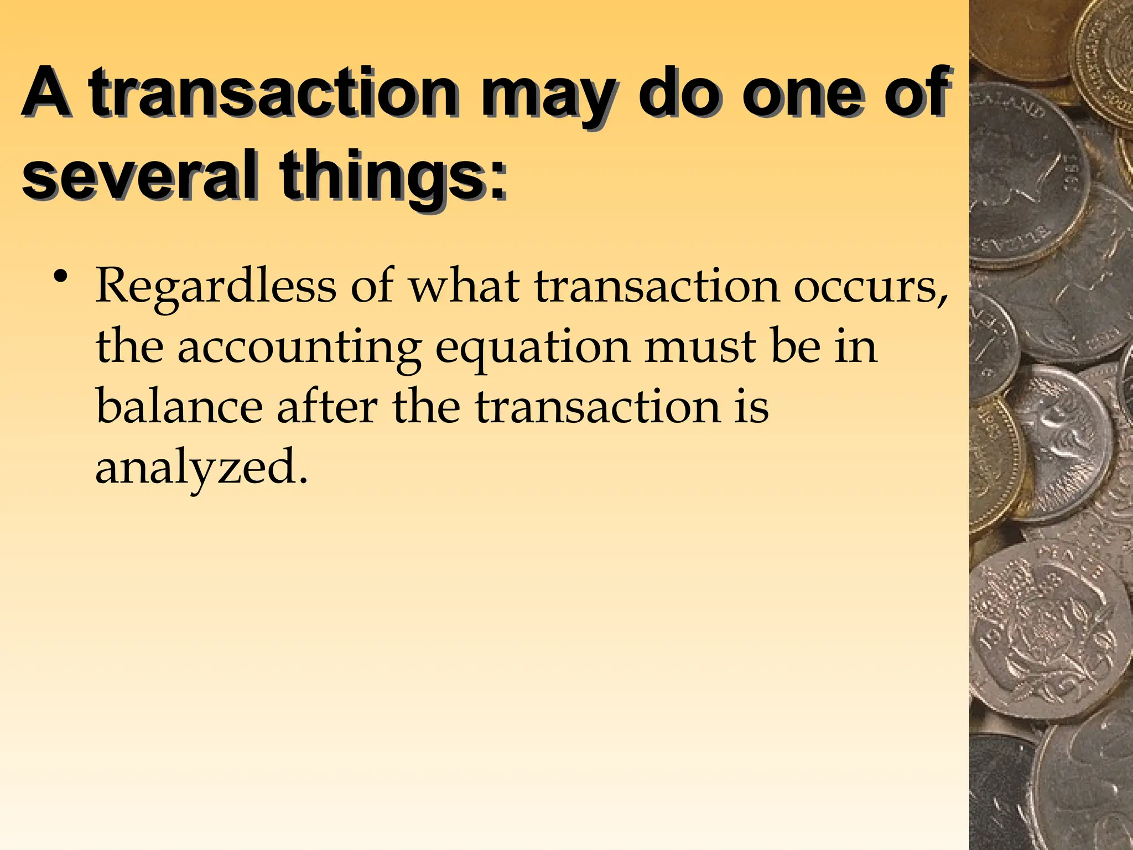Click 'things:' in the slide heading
tap(393, 177)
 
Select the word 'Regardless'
tap(216, 287)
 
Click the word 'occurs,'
tap(871, 287)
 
